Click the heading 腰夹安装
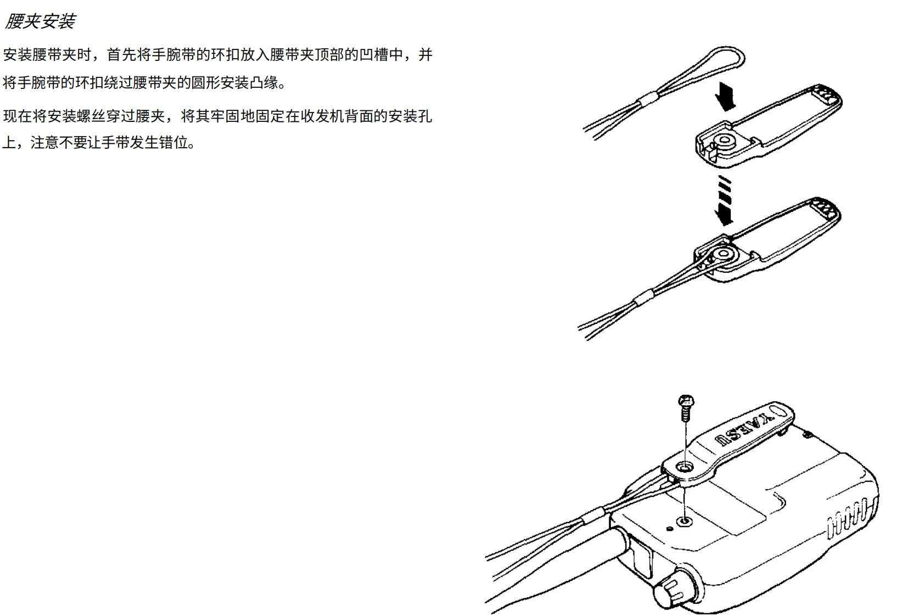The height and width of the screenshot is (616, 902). [40, 21]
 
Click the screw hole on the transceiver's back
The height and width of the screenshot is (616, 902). [684, 520]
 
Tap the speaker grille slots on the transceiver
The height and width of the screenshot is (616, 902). [848, 517]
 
